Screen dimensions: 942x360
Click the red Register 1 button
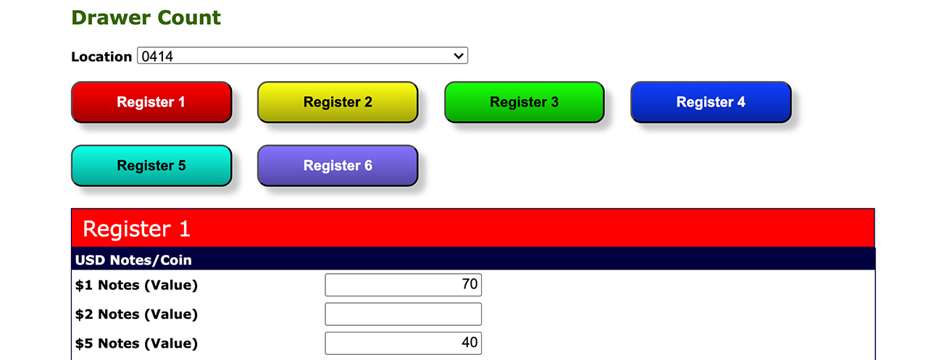click(151, 102)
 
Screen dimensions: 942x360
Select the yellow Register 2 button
click(338, 102)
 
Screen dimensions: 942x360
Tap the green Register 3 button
click(525, 102)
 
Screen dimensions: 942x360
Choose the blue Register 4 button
click(711, 102)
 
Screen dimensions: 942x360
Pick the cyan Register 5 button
click(151, 166)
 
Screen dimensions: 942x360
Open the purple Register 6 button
click(338, 166)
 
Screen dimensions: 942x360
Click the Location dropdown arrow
click(459, 56)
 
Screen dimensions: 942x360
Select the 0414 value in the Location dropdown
click(157, 56)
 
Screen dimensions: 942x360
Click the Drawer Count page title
click(146, 17)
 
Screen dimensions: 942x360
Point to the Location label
click(101, 56)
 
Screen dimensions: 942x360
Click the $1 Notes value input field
click(404, 285)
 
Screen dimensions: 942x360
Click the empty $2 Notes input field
click(404, 314)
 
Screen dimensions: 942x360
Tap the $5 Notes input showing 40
click(404, 343)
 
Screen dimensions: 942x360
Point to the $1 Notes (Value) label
click(136, 285)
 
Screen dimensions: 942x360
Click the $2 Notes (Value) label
click(136, 314)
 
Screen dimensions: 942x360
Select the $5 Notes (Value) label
click(136, 343)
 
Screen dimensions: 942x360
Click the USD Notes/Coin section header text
click(133, 260)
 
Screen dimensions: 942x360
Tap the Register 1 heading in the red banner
click(136, 229)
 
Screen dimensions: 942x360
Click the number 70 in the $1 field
click(470, 284)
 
